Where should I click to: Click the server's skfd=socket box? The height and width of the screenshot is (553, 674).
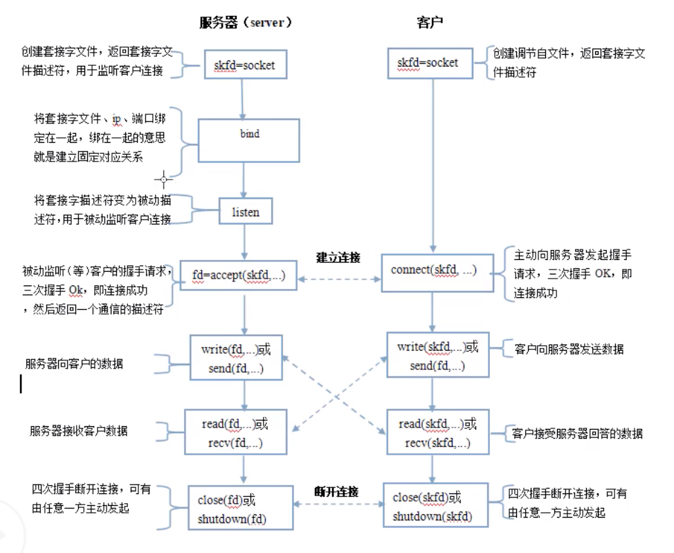click(244, 65)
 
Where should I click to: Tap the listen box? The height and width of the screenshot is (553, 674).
click(245, 212)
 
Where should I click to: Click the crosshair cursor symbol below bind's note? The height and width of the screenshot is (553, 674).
click(164, 179)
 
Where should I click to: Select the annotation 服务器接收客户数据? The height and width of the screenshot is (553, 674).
click(78, 430)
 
